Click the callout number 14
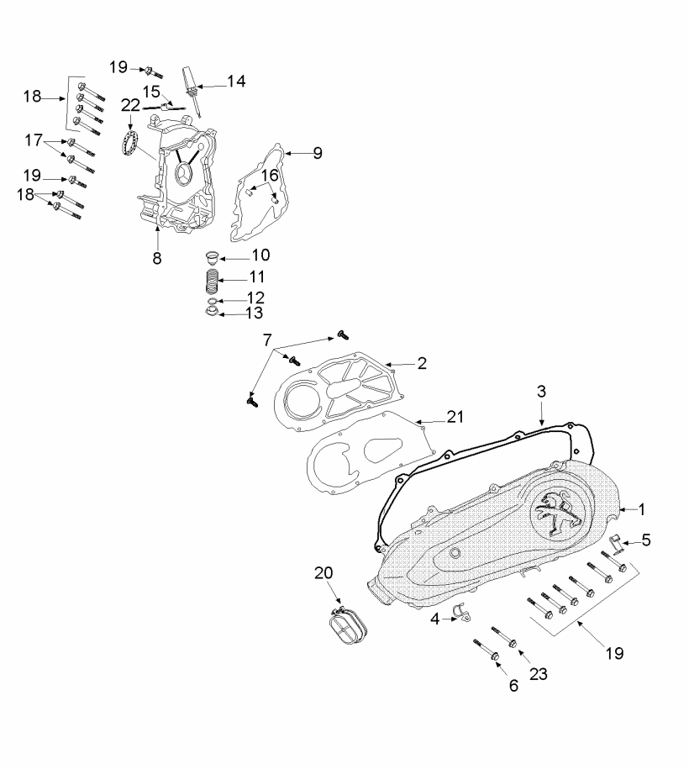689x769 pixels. click(x=236, y=81)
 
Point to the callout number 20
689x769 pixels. click(x=324, y=573)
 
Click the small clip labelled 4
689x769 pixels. click(x=460, y=614)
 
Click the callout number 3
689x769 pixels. click(x=542, y=391)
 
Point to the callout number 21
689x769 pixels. click(x=455, y=417)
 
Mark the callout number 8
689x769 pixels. click(x=156, y=258)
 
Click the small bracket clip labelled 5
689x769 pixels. click(x=613, y=544)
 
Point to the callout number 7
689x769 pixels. click(x=267, y=340)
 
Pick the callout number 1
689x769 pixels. click(x=642, y=509)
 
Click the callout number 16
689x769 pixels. click(x=268, y=175)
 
